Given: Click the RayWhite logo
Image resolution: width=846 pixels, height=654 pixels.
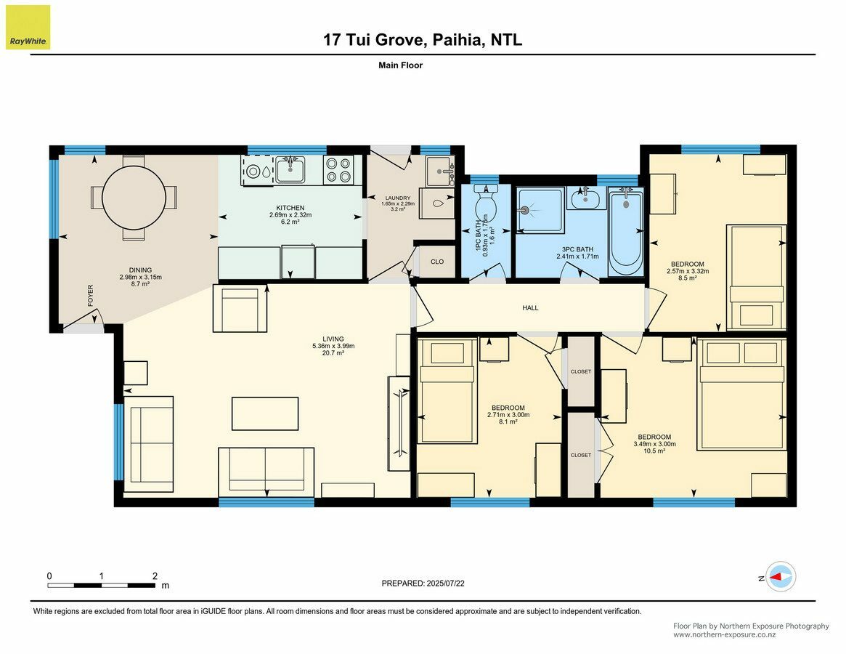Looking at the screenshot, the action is tap(28, 28).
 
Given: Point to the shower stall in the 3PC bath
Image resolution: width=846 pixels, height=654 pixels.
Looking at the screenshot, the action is tap(541, 210).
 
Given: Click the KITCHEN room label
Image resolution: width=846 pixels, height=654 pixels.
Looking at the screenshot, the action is tap(290, 208).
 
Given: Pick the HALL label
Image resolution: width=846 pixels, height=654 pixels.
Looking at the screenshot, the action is tap(530, 308).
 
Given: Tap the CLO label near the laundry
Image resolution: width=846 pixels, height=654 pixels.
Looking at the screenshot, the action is tap(437, 262).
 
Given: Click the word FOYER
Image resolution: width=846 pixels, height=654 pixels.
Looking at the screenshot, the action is tap(91, 296).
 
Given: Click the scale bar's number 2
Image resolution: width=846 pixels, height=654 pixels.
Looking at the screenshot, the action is tap(155, 576).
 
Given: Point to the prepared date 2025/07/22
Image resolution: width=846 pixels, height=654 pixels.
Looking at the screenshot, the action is tap(445, 584).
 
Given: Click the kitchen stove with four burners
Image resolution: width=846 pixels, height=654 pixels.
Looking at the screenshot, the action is tap(338, 170).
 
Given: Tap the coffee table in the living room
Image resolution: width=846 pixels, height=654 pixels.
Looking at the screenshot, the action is tap(265, 413).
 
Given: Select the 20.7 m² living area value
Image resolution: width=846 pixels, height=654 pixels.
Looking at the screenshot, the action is tap(333, 352).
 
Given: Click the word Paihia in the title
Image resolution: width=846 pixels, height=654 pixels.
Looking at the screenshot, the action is tap(458, 39).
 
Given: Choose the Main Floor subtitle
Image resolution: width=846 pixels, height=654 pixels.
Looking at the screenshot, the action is tap(400, 65).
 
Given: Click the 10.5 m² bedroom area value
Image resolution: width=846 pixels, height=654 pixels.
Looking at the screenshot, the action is tap(654, 451).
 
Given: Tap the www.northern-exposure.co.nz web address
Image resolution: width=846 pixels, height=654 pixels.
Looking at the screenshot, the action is tap(724, 635).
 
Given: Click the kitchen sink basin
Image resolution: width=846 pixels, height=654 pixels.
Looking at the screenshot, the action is tap(290, 169).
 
